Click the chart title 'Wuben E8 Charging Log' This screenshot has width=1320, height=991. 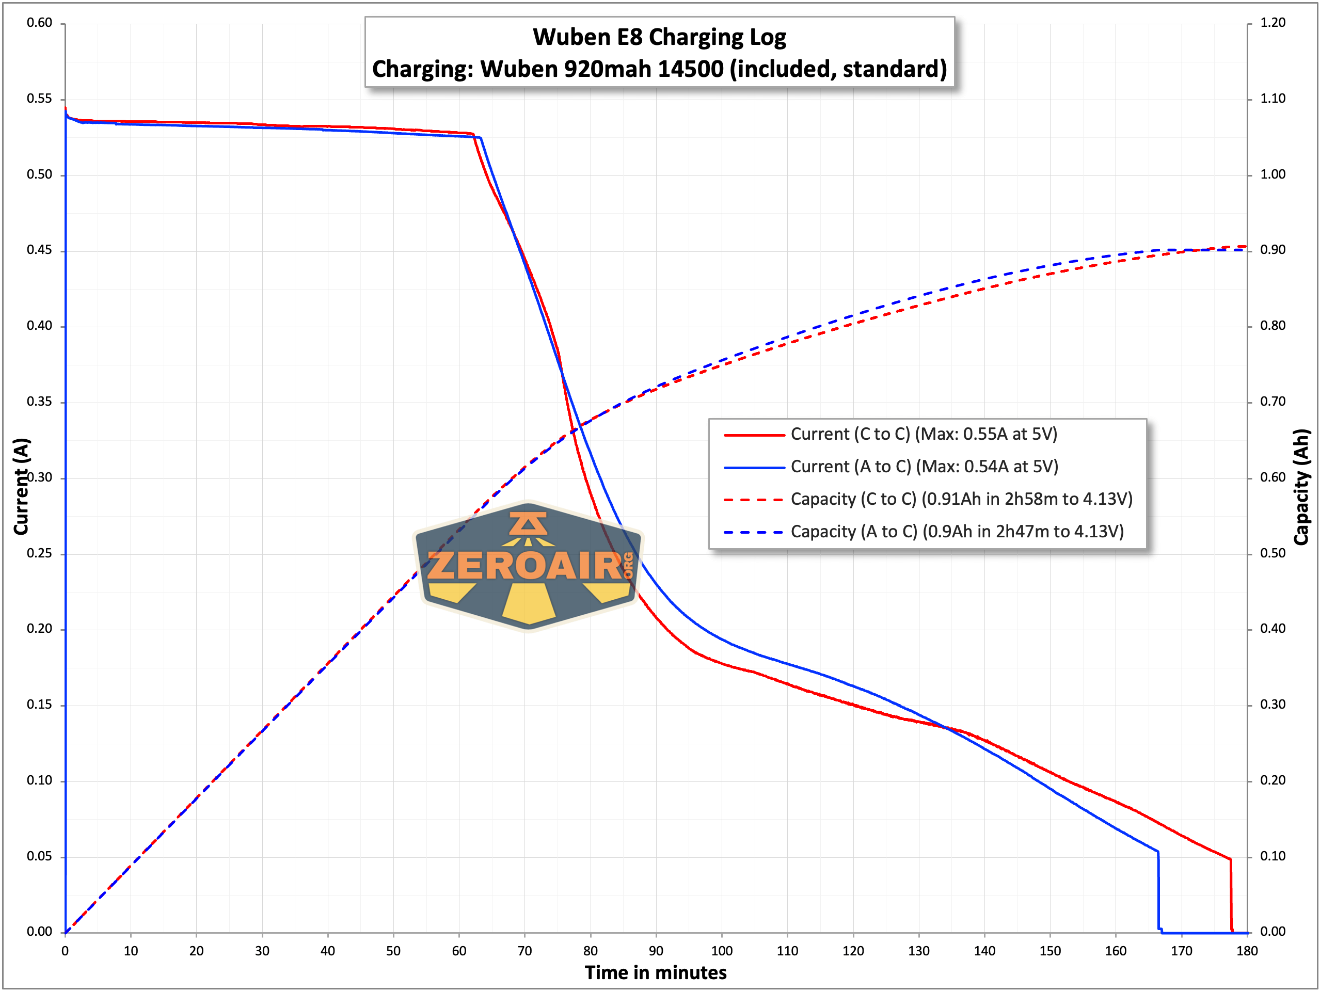(x=659, y=37)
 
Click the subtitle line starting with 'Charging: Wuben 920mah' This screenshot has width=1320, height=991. (x=659, y=69)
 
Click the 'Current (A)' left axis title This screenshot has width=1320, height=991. (x=22, y=486)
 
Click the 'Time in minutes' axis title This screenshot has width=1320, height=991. (x=655, y=973)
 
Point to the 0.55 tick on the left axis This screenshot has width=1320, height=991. (x=39, y=99)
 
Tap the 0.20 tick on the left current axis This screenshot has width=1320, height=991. (x=39, y=629)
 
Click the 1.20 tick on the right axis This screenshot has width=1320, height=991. (x=1273, y=23)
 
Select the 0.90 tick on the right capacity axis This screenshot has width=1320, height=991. (x=1273, y=250)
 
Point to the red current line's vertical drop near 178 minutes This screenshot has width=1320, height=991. (x=1231, y=895)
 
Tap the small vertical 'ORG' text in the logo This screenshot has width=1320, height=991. (x=628, y=566)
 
